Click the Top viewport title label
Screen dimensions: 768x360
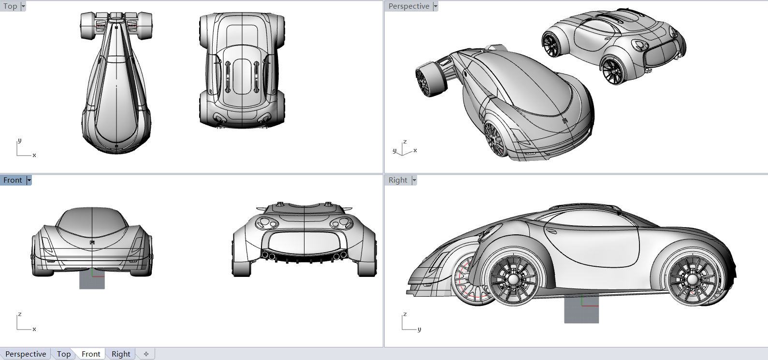10,6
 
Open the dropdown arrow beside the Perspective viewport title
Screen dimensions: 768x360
435,6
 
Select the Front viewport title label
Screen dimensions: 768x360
13,180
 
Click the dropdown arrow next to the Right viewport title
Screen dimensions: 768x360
414,180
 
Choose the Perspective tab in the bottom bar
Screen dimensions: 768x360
26,354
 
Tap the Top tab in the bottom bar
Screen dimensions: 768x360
64,354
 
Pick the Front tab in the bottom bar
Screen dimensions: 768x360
91,354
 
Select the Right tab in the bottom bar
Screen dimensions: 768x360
121,354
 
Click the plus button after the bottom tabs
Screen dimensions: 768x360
146,354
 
